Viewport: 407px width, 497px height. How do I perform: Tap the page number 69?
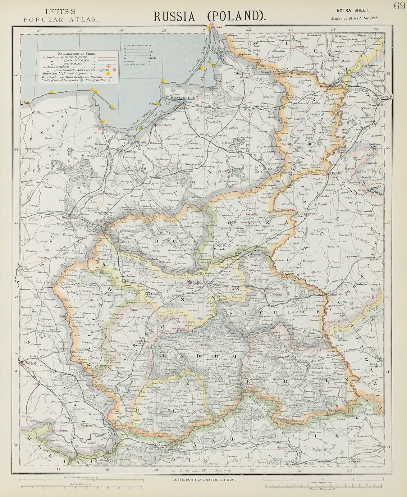[x=399, y=6]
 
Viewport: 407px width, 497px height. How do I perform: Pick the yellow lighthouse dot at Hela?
[x=112, y=107]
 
